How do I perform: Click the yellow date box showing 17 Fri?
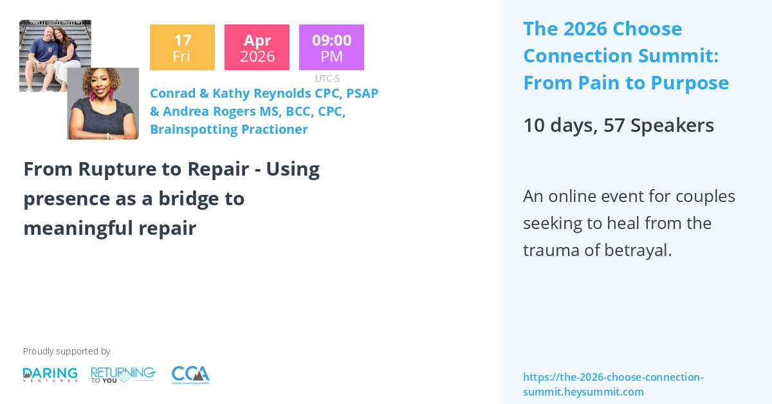point(182,47)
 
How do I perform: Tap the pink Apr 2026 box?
point(257,47)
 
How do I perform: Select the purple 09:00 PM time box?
point(331,47)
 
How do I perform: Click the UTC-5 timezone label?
point(327,78)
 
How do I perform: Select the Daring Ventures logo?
point(50,374)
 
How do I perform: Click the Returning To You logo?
point(124,374)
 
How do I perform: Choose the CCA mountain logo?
point(190,374)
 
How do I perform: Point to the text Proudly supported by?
point(66,351)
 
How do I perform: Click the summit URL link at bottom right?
point(612,384)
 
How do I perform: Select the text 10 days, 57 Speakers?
point(618,125)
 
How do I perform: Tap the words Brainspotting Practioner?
point(228,129)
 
